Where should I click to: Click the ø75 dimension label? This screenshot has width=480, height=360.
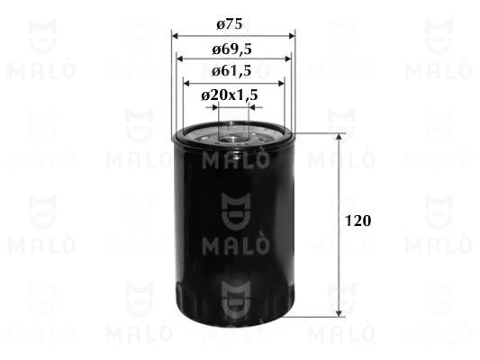pyautogui.click(x=230, y=24)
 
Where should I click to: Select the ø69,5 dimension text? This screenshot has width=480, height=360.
pyautogui.click(x=231, y=49)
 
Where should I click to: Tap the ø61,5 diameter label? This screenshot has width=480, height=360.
pyautogui.click(x=231, y=71)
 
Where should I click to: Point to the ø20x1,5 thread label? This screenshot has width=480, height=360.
pyautogui.click(x=230, y=95)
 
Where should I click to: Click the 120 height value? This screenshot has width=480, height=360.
pyautogui.click(x=358, y=220)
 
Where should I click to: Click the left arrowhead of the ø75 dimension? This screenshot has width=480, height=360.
pyautogui.click(x=175, y=36)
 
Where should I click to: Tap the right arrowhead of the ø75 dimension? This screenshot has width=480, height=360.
pyautogui.click(x=292, y=36)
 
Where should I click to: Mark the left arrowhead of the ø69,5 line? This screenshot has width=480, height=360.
pyautogui.click(x=180, y=58)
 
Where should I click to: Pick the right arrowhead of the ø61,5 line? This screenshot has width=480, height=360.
pyautogui.click(x=281, y=83)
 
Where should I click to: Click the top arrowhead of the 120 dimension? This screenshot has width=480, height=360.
pyautogui.click(x=339, y=137)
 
